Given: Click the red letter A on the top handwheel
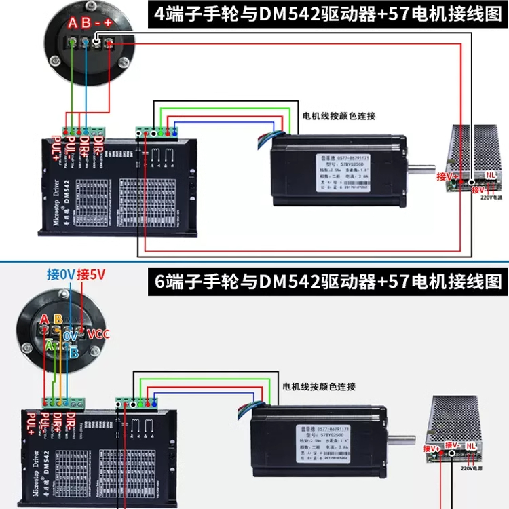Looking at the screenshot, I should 73,23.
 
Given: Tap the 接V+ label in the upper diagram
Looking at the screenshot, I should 448,177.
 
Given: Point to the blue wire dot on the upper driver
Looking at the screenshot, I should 176,129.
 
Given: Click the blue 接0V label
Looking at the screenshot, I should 60,275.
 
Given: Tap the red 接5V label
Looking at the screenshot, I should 92,275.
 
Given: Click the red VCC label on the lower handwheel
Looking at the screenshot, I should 97,334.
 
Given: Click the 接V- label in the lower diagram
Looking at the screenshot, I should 453,445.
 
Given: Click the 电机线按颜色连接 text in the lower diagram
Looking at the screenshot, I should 318,387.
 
